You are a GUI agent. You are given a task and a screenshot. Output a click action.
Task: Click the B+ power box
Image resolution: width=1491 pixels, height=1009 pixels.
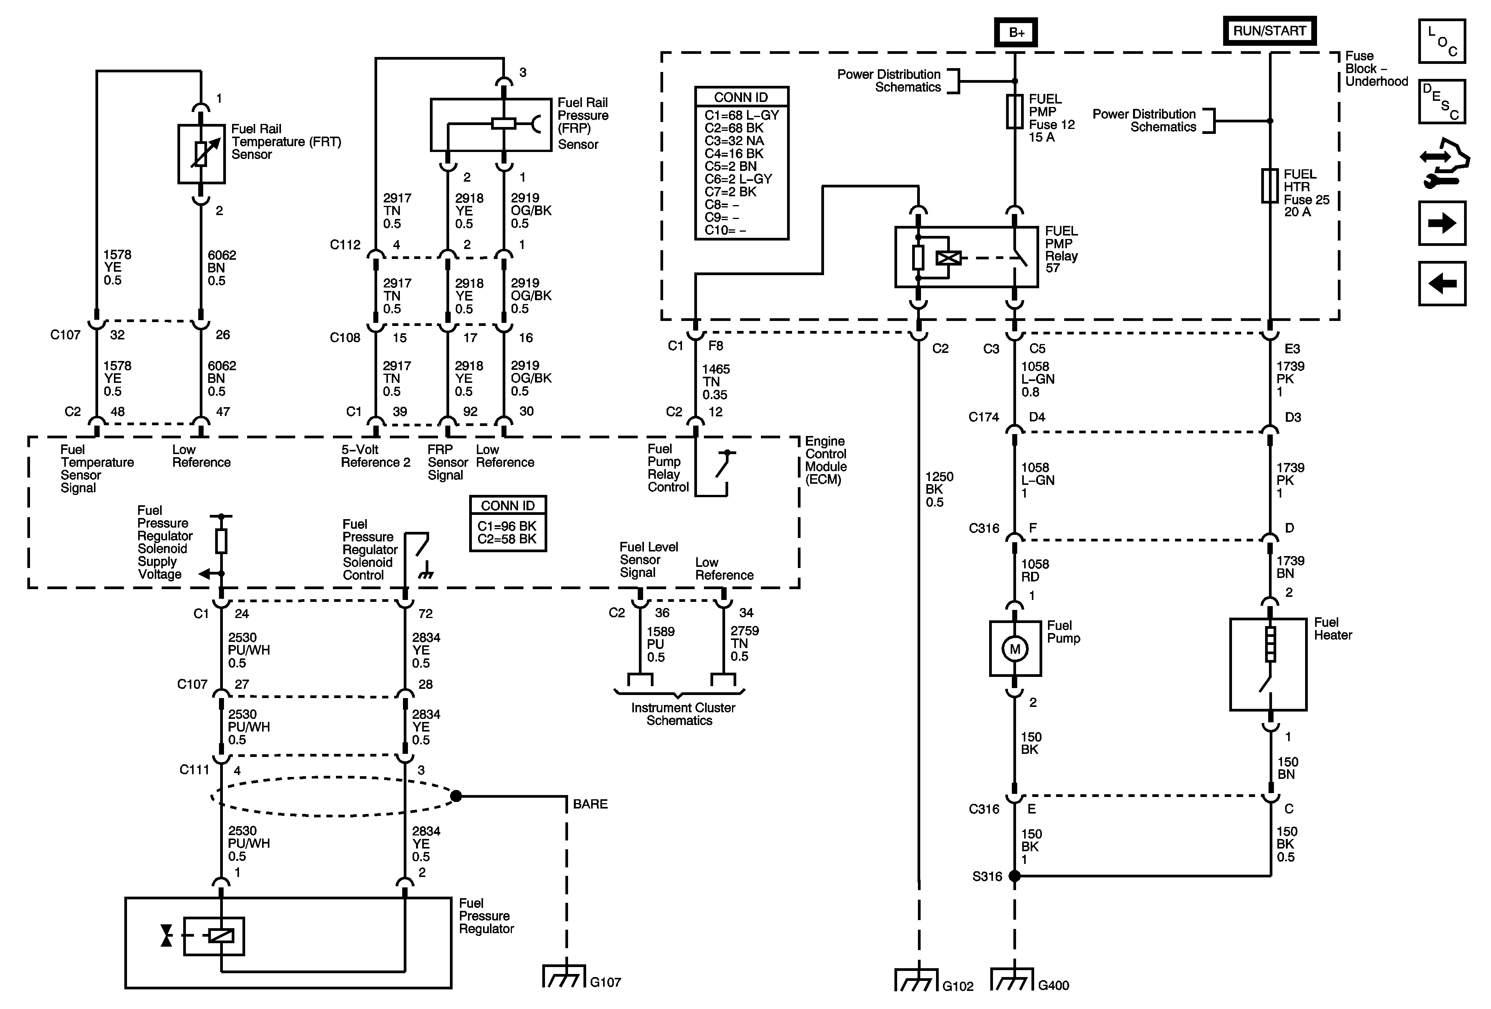pyautogui.click(x=1016, y=32)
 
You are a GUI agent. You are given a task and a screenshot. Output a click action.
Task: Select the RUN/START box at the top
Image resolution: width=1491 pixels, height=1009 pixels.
pyautogui.click(x=1269, y=31)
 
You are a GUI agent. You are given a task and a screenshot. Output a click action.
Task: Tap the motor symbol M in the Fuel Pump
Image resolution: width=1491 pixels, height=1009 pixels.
pyautogui.click(x=1014, y=649)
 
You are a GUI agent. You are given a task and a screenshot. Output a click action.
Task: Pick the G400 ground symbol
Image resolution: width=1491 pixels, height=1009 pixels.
pyautogui.click(x=1012, y=979)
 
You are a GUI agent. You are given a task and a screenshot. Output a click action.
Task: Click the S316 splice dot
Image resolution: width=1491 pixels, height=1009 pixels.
pyautogui.click(x=1014, y=875)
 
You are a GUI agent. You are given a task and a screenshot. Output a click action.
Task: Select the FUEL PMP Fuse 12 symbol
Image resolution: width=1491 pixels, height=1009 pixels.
pyautogui.click(x=1014, y=112)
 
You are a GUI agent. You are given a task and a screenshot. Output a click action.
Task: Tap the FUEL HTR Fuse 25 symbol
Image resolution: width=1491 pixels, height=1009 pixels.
pyautogui.click(x=1270, y=186)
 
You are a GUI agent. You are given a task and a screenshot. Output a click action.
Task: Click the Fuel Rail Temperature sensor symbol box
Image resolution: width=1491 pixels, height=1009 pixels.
pyautogui.click(x=201, y=154)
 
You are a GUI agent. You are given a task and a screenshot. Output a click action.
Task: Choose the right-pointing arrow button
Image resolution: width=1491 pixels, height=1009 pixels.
pyautogui.click(x=1442, y=223)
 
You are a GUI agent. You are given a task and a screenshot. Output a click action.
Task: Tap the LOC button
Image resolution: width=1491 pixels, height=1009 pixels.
pyautogui.click(x=1442, y=41)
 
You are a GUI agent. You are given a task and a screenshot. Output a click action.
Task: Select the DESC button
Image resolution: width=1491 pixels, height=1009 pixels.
pyautogui.click(x=1442, y=101)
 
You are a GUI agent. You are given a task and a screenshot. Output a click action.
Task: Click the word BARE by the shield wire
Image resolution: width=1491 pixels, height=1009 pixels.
pyautogui.click(x=590, y=804)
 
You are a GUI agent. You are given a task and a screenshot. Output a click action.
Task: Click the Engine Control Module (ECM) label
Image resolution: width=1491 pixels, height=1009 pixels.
pyautogui.click(x=826, y=460)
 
